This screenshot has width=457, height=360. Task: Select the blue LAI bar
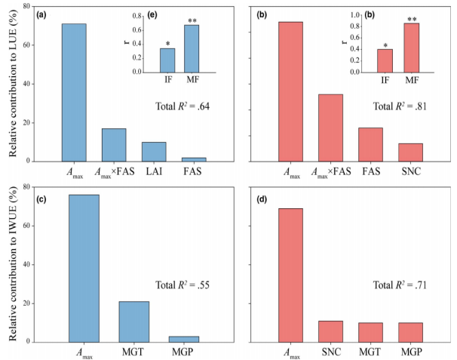coord(154,152)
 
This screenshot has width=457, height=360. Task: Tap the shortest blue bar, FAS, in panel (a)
coord(194,158)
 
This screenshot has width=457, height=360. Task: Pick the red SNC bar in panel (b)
coord(410,152)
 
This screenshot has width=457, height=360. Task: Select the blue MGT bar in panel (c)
coord(133,322)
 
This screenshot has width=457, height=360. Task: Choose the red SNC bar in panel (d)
coord(330,331)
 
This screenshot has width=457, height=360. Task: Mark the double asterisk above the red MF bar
coord(412,19)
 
